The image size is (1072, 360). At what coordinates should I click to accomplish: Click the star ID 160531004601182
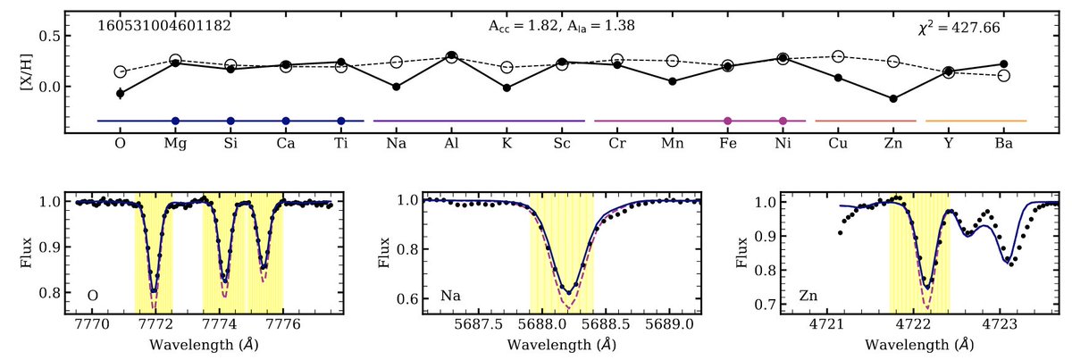tap(164, 26)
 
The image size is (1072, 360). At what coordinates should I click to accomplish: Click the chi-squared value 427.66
tap(953, 28)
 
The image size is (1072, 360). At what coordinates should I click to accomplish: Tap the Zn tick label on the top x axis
tap(893, 144)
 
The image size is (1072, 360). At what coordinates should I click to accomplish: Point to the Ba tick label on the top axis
tap(1003, 144)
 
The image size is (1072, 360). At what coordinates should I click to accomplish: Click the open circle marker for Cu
tap(838, 57)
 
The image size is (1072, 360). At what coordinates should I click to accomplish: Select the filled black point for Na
tap(396, 87)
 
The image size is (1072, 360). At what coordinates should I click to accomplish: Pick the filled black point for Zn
tap(893, 98)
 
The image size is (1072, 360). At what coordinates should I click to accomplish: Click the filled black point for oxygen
tap(121, 93)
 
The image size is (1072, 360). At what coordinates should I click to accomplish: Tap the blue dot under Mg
tap(176, 121)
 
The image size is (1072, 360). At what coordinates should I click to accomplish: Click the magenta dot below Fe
tap(728, 121)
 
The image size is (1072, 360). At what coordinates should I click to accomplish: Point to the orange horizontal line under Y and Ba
tap(976, 121)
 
